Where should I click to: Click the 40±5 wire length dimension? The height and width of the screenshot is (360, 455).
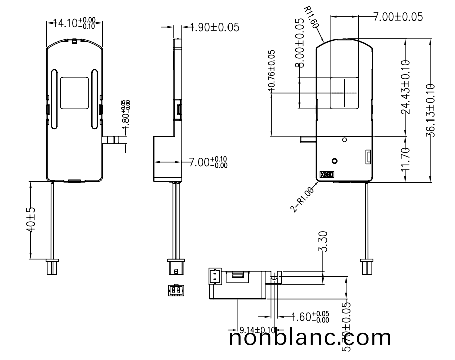pos(30,220)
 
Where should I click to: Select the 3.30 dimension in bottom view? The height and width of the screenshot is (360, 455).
pos(324,243)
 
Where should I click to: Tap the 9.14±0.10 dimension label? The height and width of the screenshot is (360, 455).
pos(257,330)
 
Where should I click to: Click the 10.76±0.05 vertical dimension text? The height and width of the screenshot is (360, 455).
pos(272,70)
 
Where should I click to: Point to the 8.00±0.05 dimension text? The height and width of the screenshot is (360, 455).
pos(300,43)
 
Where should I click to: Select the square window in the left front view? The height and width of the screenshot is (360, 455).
pos(74,93)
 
